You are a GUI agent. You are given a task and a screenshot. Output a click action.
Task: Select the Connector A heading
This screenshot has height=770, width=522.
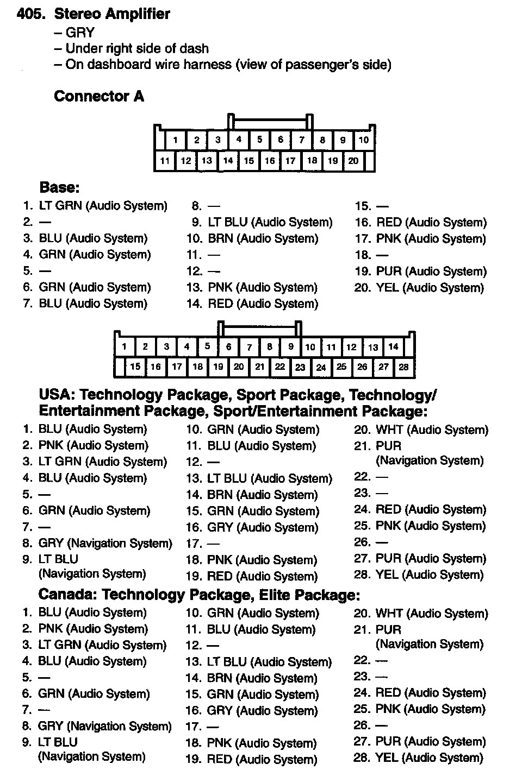click(99, 96)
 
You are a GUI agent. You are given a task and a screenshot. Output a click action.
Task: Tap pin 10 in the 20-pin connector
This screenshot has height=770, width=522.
click(363, 140)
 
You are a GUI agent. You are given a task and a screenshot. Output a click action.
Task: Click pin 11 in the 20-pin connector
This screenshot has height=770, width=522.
click(165, 161)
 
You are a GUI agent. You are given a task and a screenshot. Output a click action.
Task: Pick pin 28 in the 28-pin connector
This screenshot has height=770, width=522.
click(403, 367)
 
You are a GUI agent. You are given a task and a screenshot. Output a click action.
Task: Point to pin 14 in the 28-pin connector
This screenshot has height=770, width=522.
click(393, 346)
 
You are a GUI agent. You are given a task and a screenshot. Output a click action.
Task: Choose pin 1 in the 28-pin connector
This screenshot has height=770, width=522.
click(125, 346)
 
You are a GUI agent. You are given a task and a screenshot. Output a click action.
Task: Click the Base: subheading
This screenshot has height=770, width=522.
click(60, 187)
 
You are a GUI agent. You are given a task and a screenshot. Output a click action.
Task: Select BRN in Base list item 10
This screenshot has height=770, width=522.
click(221, 238)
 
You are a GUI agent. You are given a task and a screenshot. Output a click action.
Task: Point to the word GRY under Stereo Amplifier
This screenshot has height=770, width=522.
click(80, 33)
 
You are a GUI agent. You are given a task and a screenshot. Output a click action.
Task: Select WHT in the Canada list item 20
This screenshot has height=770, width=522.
click(389, 614)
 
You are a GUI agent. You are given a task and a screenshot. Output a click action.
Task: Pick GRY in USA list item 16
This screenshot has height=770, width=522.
click(220, 527)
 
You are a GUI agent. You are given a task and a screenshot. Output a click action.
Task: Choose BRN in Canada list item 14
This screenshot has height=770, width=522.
click(220, 678)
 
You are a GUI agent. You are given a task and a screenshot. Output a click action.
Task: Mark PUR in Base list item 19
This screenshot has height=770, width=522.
click(389, 272)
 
